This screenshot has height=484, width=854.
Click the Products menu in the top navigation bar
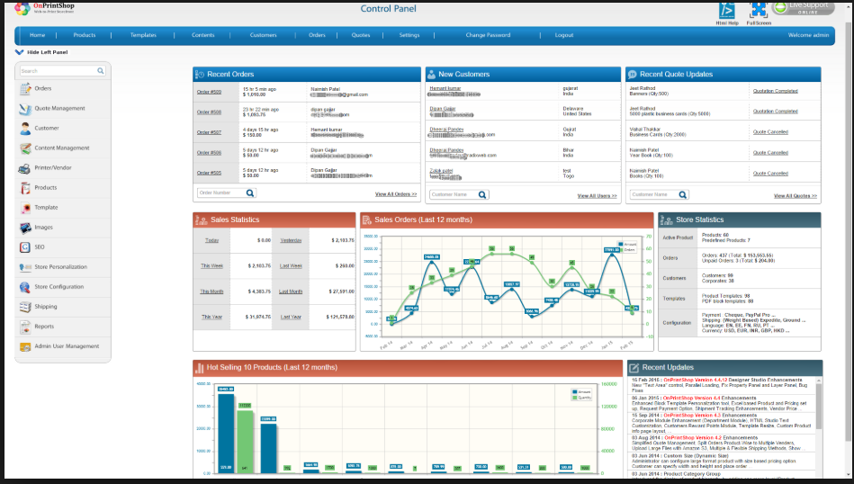pyautogui.click(x=85, y=35)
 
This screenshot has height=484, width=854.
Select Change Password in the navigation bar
pyautogui.click(x=488, y=35)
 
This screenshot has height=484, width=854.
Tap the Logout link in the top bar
pyautogui.click(x=564, y=35)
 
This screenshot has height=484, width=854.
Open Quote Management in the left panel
pyautogui.click(x=59, y=108)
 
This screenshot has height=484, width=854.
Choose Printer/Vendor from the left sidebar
pyautogui.click(x=52, y=167)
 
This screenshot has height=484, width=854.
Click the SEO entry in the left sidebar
pyautogui.click(x=40, y=246)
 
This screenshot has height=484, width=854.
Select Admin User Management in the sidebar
pyautogui.click(x=67, y=346)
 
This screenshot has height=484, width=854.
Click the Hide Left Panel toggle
pyautogui.click(x=41, y=52)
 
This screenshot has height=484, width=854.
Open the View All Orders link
pyautogui.click(x=396, y=194)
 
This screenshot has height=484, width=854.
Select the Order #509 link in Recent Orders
pyautogui.click(x=209, y=92)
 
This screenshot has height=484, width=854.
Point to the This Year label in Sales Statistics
pyautogui.click(x=211, y=317)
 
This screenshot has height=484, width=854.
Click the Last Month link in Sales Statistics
pyautogui.click(x=291, y=291)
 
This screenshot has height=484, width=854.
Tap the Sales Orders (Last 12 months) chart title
pyautogui.click(x=422, y=220)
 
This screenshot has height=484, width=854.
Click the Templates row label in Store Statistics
pyautogui.click(x=674, y=298)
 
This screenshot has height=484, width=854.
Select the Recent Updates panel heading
pyautogui.click(x=668, y=367)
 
